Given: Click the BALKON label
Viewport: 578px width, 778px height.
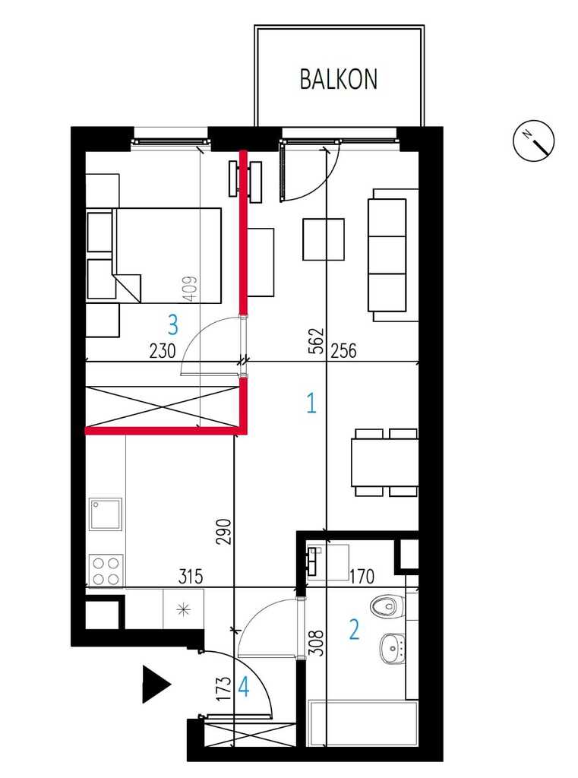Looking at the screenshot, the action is click(338, 79).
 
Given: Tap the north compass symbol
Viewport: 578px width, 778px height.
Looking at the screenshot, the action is click(533, 140).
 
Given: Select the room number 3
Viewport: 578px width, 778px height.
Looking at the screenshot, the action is click(172, 325).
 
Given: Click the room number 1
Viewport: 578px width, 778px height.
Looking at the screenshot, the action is click(311, 403).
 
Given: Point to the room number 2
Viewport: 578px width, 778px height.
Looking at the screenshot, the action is click(354, 629).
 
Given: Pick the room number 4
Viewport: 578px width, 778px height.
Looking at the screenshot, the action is click(244, 688).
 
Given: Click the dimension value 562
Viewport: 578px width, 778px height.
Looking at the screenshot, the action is click(318, 340).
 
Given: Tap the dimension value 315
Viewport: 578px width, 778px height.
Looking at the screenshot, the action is click(191, 577).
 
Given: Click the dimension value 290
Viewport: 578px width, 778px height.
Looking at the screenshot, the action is click(224, 531).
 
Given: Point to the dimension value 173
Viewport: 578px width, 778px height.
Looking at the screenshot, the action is click(224, 688).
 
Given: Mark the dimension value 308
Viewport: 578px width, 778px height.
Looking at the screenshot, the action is click(316, 643).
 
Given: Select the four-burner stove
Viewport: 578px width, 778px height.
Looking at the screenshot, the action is click(106, 571).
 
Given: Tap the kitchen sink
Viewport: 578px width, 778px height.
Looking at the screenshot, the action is click(105, 514).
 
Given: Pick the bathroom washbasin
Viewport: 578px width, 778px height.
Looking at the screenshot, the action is click(393, 648).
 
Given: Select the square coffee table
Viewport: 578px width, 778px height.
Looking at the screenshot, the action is click(324, 239).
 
